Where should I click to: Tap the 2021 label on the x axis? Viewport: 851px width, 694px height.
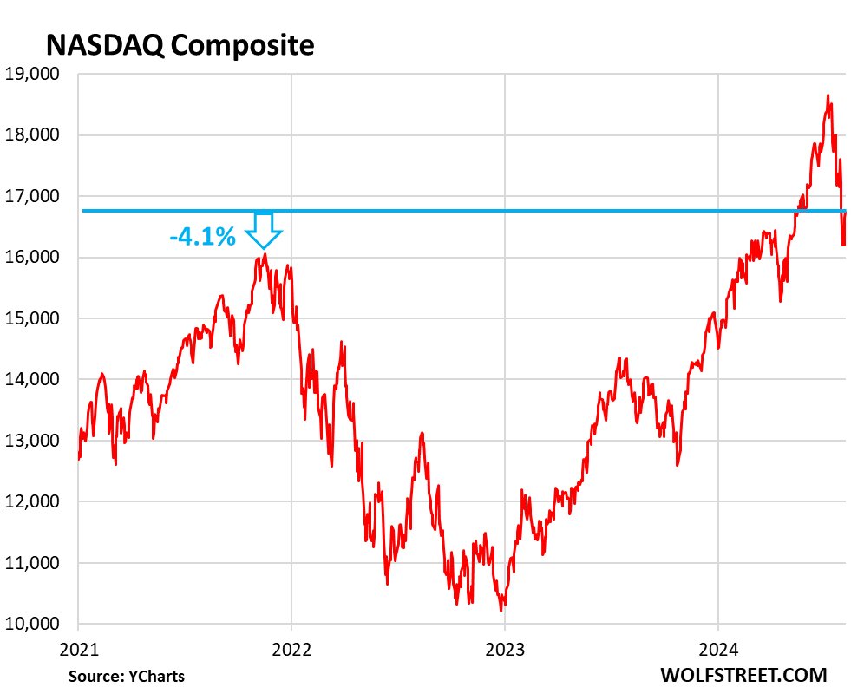coord(78,646)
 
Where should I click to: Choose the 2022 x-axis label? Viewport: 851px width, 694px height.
coord(291,646)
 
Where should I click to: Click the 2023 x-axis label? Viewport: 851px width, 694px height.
coord(505,646)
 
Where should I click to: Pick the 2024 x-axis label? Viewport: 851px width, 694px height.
coord(717,646)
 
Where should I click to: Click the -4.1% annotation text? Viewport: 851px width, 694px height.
coord(201,236)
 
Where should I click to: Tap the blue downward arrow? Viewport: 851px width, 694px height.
coord(263,230)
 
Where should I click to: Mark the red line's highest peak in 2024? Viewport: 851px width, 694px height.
coord(828,95)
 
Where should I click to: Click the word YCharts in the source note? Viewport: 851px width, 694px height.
coord(158,676)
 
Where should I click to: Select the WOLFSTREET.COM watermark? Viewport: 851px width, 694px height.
coord(743,675)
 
